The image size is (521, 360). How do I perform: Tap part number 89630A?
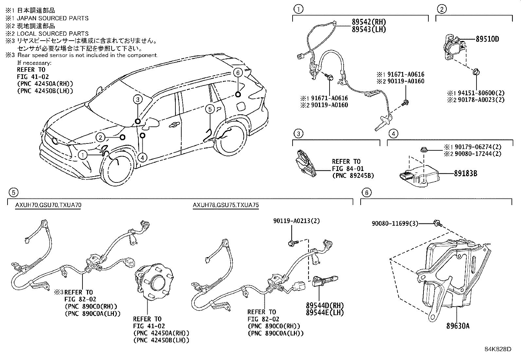click(458, 326)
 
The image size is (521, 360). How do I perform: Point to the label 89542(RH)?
click(369, 22)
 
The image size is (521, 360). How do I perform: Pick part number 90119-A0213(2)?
click(297, 221)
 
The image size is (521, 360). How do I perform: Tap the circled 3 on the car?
click(138, 99)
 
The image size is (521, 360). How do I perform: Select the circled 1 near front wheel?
click(83, 155)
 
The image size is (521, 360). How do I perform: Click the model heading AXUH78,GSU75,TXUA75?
click(225, 205)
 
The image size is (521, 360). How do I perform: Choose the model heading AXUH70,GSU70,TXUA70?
click(48, 205)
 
